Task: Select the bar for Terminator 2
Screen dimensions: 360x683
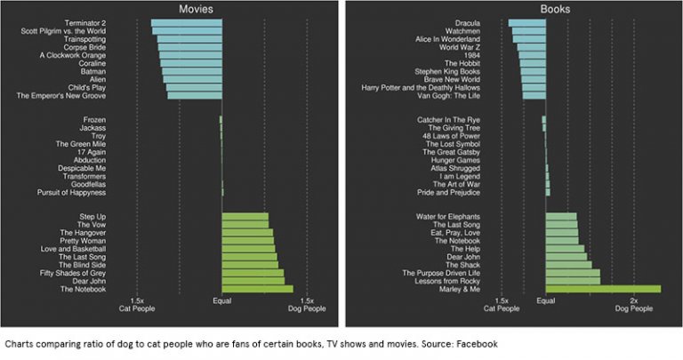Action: click(x=187, y=22)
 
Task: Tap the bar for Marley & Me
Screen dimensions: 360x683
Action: click(x=603, y=288)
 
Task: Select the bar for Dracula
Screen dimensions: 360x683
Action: click(x=526, y=22)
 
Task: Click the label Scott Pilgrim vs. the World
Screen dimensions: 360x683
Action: click(x=64, y=31)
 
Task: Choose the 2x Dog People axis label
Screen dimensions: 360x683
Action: click(x=633, y=305)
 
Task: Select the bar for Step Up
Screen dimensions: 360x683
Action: click(x=245, y=216)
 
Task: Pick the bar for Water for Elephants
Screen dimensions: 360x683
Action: click(x=561, y=216)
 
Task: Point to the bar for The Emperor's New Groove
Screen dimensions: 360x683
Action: click(x=195, y=94)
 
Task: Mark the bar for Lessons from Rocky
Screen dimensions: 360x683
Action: click(x=573, y=280)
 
